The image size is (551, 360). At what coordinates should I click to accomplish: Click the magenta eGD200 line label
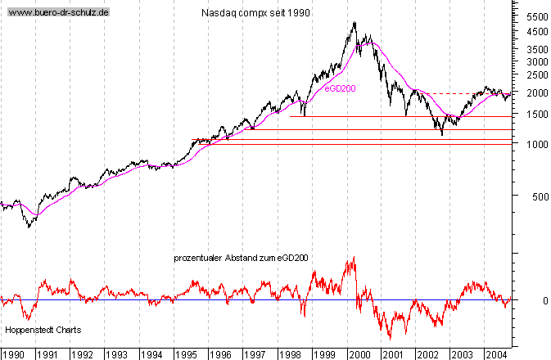click(339, 88)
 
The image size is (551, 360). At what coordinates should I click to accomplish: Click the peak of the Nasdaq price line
click(355, 23)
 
